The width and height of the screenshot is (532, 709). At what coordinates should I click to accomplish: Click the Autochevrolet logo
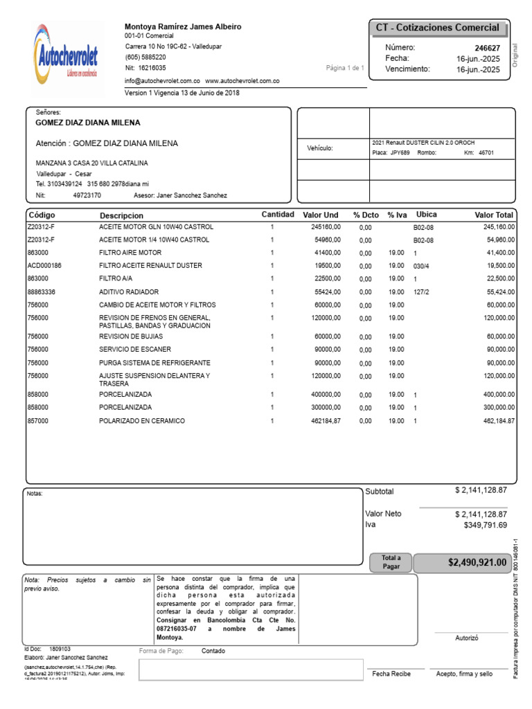click(66, 55)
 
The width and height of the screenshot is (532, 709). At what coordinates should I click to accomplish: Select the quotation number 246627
click(487, 48)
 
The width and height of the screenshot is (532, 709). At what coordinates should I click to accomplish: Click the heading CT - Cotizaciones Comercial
click(437, 28)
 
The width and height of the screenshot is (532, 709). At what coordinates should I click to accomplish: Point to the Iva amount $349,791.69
click(484, 526)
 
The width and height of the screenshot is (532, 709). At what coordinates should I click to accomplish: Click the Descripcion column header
click(121, 215)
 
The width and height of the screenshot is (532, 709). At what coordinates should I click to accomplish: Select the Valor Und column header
click(320, 215)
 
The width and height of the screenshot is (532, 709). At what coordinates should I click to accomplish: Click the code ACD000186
click(44, 266)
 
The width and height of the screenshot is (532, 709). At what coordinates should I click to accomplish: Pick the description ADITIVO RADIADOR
click(129, 292)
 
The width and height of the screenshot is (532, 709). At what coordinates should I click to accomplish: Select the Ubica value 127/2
click(422, 292)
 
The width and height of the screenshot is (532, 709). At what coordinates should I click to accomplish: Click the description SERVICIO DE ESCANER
click(135, 350)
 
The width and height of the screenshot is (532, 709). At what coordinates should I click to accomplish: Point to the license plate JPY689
click(400, 153)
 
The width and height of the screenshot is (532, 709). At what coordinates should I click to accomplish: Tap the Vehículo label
click(320, 148)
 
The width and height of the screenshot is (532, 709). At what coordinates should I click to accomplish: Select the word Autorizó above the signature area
click(466, 638)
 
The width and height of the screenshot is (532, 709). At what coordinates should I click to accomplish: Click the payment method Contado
click(213, 652)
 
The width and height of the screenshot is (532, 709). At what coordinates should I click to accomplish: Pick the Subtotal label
click(379, 492)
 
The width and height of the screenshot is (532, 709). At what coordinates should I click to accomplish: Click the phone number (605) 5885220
click(145, 57)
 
